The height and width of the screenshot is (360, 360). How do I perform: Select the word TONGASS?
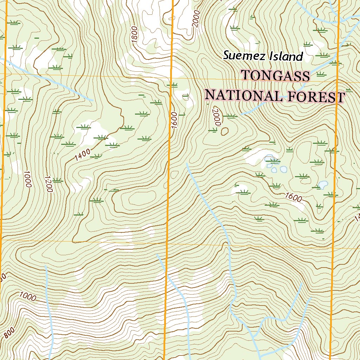click(276, 76)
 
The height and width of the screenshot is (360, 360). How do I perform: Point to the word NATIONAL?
click(243, 95)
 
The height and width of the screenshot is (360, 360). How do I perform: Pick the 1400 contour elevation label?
click(83, 155)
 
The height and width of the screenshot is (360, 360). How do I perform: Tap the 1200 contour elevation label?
click(49, 184)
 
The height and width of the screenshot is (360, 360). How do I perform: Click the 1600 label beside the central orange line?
click(175, 121)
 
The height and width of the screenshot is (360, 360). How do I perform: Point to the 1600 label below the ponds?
click(294, 198)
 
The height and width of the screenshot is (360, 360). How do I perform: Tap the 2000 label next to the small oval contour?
click(216, 117)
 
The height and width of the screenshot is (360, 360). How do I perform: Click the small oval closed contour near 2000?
click(224, 131)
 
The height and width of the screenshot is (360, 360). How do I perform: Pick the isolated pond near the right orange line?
click(323, 185)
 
